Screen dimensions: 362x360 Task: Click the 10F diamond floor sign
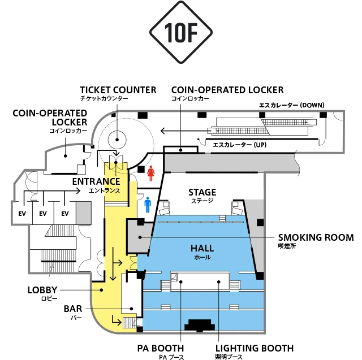[181, 32]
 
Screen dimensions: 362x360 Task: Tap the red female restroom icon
[151, 173]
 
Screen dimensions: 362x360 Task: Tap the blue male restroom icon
[148, 205]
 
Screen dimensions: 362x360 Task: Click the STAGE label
[202, 192]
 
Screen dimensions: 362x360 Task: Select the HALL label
[202, 248]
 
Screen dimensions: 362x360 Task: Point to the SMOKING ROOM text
[316, 237]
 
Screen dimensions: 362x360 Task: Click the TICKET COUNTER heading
[118, 90]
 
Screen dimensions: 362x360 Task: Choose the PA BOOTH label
[161, 348]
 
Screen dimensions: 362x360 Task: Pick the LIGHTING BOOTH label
[255, 348]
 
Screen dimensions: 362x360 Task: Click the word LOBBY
[42, 290]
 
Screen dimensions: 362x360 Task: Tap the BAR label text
[73, 309]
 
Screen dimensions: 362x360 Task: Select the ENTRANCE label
[96, 181]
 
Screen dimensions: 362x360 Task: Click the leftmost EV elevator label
[22, 214]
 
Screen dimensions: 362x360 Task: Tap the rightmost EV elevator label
[65, 214]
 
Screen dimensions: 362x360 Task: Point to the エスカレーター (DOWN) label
[292, 105]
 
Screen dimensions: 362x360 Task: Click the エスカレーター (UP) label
[239, 145]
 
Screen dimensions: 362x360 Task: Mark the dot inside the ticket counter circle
[117, 140]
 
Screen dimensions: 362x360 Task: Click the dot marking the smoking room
[140, 237]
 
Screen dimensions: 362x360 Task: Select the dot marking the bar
[131, 309]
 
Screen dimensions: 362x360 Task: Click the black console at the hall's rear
[200, 326]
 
